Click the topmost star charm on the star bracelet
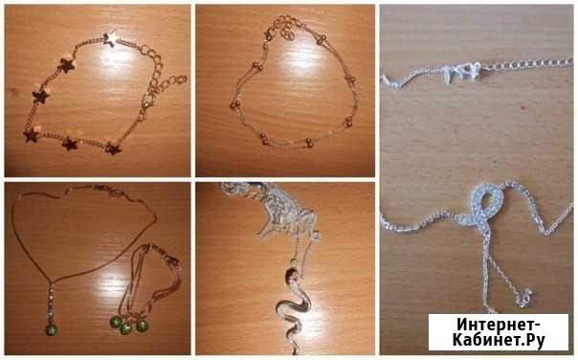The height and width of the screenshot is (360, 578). [109, 39]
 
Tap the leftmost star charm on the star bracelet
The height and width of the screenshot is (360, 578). [32, 135]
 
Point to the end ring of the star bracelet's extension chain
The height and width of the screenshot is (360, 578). [182, 79]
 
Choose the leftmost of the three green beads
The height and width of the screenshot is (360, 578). [114, 321]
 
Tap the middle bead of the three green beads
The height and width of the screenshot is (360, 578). [126, 327]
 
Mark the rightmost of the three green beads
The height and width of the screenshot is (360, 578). [143, 325]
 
